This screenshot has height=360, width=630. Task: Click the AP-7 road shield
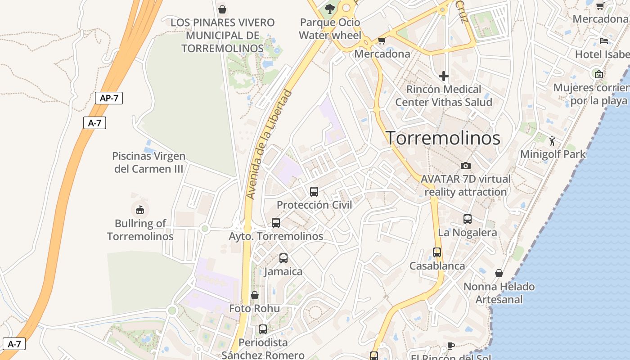pos(109,98)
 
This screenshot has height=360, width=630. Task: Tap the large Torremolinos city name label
pos(443,138)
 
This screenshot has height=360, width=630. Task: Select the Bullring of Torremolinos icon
pos(140,210)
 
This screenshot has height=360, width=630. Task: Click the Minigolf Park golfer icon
pos(553,141)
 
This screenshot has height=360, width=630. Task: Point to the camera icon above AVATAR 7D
pos(466,166)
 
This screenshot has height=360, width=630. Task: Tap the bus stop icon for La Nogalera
pos(468,219)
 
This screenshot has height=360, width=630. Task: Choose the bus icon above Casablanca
pos(437,252)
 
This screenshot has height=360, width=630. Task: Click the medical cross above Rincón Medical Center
pos(444,76)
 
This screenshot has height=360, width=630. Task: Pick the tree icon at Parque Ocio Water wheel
pos(330,9)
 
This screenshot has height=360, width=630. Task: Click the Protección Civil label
pos(314,205)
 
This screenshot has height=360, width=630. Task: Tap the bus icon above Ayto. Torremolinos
pos(276,223)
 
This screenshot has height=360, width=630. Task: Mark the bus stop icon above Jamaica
pos(283,258)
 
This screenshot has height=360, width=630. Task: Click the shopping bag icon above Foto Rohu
pos(255,295)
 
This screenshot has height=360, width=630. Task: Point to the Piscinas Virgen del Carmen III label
pos(148,162)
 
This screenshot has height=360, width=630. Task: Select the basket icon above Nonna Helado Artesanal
pos(499,273)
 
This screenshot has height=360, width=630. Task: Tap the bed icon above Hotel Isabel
pos(604,41)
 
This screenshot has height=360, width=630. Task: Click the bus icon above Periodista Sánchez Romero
pos(263,329)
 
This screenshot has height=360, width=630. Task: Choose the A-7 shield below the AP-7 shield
pos(94,123)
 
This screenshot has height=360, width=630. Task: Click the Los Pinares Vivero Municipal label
pos(222,35)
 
